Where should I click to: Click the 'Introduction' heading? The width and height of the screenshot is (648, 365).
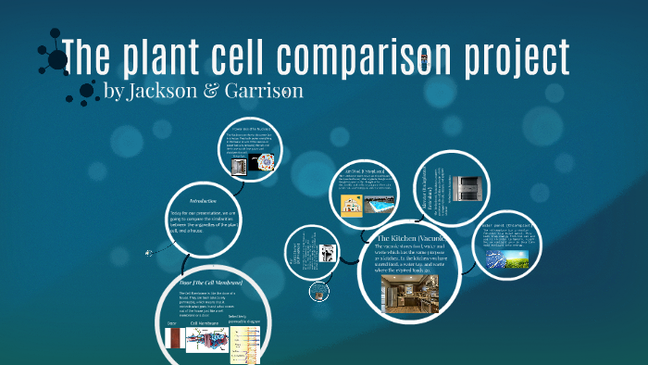pos(203,200)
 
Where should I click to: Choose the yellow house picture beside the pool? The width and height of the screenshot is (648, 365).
pos(352,205)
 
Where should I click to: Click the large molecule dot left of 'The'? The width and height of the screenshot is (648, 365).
pos(57,59)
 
